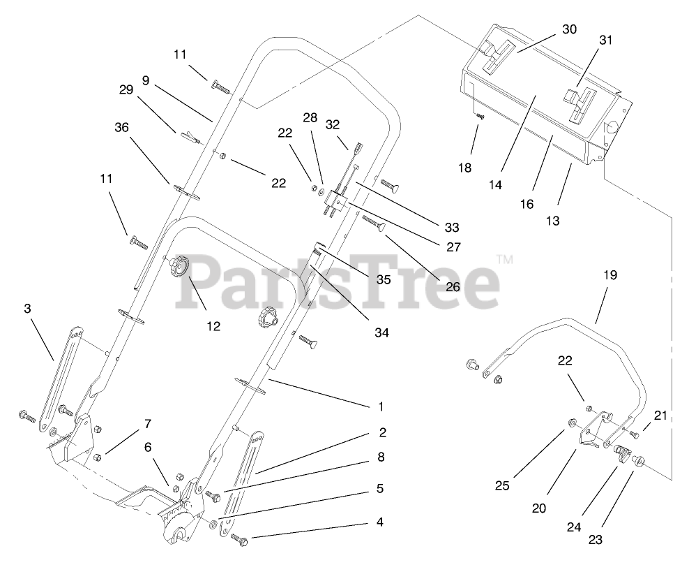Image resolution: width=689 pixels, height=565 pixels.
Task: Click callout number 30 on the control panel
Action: (x=570, y=29)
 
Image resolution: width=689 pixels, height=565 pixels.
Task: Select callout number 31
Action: (x=605, y=41)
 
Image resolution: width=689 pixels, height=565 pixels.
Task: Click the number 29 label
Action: (x=126, y=90)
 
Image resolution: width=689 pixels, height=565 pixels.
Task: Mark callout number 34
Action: (x=380, y=332)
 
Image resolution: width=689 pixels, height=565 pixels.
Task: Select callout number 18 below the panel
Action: (x=465, y=168)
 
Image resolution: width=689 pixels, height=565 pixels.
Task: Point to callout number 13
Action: (x=552, y=220)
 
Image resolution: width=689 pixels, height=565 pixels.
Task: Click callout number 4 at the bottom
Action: (x=379, y=522)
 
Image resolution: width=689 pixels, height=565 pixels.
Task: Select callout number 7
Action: (x=147, y=424)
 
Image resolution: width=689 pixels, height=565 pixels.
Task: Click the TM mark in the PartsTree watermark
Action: (x=505, y=259)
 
